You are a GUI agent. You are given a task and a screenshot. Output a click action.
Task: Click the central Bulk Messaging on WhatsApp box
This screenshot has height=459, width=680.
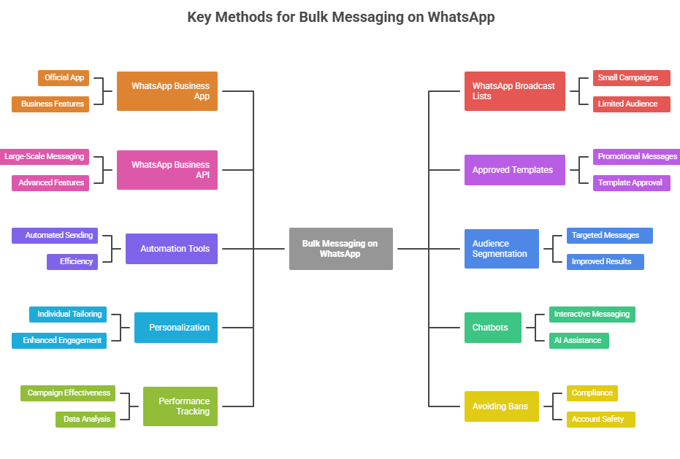pos(340,249)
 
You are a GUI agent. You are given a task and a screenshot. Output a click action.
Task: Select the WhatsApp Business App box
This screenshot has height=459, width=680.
pos(167,91)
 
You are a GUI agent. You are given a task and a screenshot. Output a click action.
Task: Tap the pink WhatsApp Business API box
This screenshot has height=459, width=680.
pos(167,170)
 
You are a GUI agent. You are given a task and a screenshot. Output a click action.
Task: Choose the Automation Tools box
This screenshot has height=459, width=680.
pos(171,249)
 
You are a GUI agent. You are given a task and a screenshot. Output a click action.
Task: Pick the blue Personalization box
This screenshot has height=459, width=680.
pos(175,328)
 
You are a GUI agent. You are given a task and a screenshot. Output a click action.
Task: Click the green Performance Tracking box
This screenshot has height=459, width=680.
pos(180,406)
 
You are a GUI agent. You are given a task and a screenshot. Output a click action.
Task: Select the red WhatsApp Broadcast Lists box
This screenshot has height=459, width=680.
pos(514,91)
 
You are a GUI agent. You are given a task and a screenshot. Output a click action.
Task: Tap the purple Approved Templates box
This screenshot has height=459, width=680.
pos(514,170)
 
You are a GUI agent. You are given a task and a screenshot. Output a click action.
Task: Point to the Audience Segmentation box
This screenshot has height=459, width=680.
pos(501,249)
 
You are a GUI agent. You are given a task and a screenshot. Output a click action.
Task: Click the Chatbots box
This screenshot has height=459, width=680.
pos(492,328)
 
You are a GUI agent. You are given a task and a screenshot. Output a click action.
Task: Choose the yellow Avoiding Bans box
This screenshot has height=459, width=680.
pos(501,406)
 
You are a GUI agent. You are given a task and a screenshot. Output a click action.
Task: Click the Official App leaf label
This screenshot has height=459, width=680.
pos(64,78)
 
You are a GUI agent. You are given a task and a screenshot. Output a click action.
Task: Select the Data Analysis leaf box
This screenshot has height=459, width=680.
pos(85,420)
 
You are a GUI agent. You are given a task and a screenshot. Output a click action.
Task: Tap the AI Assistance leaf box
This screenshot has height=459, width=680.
pos(578,341)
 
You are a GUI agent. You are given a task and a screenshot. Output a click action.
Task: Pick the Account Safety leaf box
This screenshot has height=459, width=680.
pos(600,420)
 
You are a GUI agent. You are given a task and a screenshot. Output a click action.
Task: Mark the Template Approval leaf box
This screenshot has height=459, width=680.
pos(631,183)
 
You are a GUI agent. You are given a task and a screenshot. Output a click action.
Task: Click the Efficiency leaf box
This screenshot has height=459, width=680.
pos(72,262)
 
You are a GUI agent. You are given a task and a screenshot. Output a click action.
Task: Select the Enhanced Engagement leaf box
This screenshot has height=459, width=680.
pos(59,341)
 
